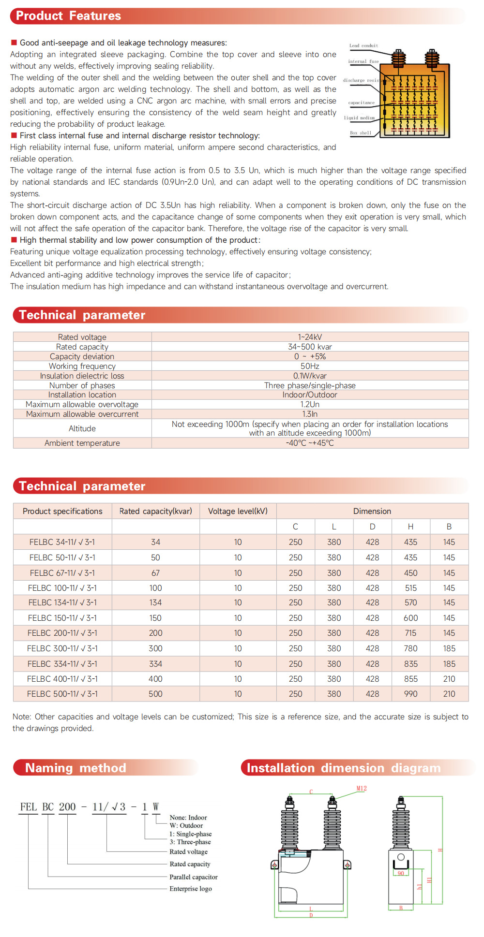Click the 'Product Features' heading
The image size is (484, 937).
(68, 16)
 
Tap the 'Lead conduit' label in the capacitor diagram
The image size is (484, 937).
(363, 46)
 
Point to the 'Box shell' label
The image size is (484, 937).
(361, 133)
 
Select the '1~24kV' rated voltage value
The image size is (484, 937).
(310, 337)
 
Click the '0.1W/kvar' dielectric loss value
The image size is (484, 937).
(310, 376)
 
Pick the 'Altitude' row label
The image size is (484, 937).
(82, 428)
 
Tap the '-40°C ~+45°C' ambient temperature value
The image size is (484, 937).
(310, 443)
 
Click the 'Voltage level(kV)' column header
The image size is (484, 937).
(238, 511)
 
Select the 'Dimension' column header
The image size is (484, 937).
(372, 511)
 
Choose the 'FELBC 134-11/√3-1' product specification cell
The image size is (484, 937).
(62, 602)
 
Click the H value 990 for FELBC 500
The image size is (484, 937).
(410, 694)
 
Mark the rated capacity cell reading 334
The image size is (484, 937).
(155, 664)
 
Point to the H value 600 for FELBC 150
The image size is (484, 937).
(410, 618)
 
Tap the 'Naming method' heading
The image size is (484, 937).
(76, 768)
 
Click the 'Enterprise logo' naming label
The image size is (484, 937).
(191, 889)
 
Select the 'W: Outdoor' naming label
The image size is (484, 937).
(186, 826)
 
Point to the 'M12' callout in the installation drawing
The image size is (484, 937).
(362, 789)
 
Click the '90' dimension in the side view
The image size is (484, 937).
(401, 873)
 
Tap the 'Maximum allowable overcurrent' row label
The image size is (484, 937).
(82, 414)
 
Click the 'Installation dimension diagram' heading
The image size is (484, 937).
(344, 768)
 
